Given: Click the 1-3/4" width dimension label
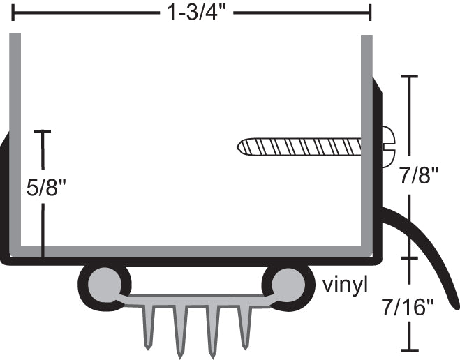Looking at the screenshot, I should [190, 12].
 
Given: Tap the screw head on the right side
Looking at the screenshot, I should [388, 147].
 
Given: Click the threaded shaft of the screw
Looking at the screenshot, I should [307, 147].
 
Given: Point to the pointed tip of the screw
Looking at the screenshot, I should [242, 147].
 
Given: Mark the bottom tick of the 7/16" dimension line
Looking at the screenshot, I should [409, 348].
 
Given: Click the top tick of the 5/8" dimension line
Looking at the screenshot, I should [43, 131].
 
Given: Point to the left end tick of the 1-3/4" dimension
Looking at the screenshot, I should [13, 12].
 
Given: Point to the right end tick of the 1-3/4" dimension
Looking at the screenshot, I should [370, 12].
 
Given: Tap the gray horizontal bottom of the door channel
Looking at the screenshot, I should [188, 250].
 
